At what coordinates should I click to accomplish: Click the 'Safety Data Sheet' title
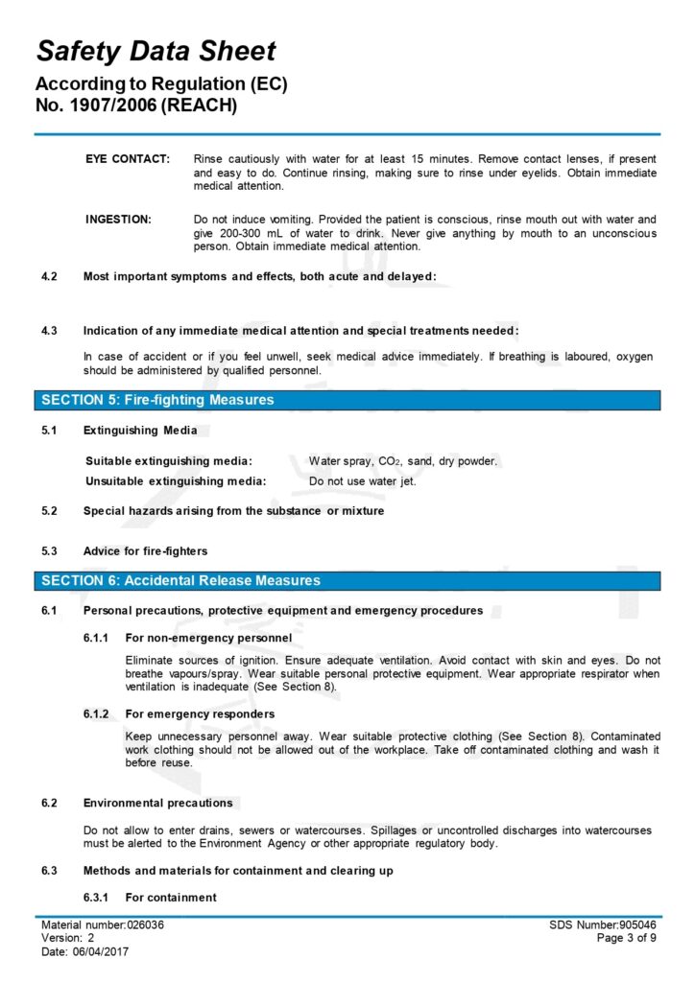pos(156,52)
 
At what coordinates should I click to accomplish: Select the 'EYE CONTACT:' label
pos(128,158)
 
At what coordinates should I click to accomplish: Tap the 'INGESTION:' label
pos(118,220)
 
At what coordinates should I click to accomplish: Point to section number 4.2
pos(49,276)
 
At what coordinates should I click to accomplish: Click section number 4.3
pos(49,331)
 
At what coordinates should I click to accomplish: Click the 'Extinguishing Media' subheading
pos(140,430)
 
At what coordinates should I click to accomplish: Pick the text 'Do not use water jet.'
pos(362,481)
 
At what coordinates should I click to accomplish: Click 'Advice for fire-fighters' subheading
pos(145,551)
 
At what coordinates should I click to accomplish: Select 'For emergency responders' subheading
pos(200,713)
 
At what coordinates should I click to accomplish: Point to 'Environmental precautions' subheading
pos(157,803)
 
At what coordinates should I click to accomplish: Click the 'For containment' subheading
pos(171,898)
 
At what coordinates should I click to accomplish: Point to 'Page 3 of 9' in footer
pos(628,938)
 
